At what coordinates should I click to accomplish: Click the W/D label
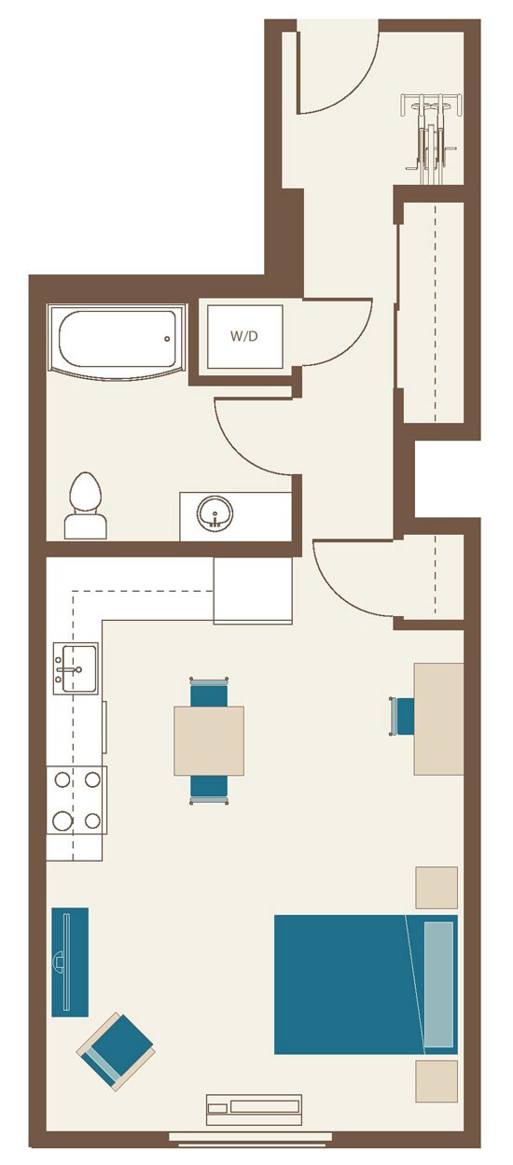[244, 336]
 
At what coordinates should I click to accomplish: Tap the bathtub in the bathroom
[118, 340]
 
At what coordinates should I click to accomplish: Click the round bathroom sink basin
[215, 512]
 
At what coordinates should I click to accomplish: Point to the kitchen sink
[75, 668]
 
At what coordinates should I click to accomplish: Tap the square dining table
[209, 740]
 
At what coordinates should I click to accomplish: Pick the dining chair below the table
[209, 787]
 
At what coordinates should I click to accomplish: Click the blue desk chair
[403, 716]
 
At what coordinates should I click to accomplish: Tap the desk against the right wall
[438, 718]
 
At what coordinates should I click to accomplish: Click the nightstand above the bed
[437, 888]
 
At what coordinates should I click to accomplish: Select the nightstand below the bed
[437, 1080]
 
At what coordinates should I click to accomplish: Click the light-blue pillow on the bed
[438, 984]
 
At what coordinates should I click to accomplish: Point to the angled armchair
[116, 1051]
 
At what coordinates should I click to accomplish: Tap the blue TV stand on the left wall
[70, 961]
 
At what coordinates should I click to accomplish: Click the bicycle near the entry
[429, 133]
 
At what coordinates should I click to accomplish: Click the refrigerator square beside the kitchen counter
[253, 590]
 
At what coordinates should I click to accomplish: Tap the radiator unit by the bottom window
[254, 1108]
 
